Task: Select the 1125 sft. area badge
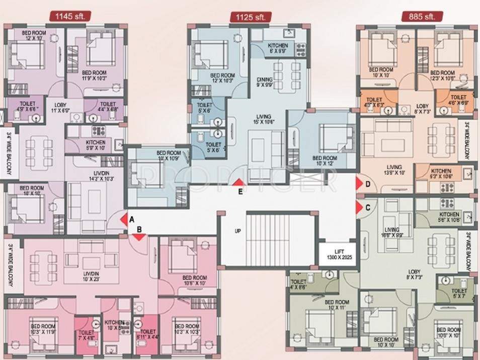[x=250, y=18]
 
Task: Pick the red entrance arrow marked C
[x=359, y=207]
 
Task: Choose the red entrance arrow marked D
[x=359, y=184]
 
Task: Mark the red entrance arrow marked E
[x=240, y=184]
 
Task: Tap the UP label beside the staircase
[x=237, y=232]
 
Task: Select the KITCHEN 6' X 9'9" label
[x=277, y=48]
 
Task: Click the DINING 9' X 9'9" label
[x=264, y=82]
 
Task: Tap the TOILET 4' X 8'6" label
[x=298, y=285]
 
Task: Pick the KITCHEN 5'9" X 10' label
[x=95, y=146]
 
